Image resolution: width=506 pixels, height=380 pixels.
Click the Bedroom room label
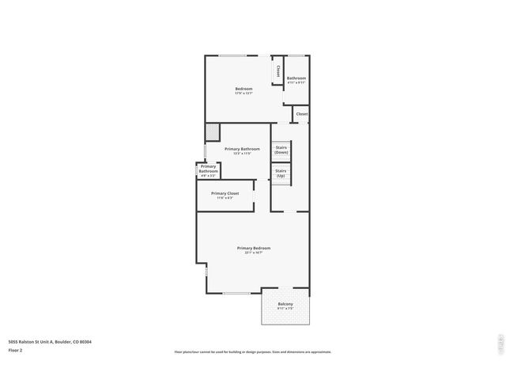(x=244, y=88)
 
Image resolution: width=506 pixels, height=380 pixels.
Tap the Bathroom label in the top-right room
(x=296, y=78)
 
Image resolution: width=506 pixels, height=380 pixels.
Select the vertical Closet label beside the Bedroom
(x=278, y=71)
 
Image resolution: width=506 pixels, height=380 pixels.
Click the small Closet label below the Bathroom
(x=302, y=114)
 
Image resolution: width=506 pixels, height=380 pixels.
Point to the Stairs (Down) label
(x=281, y=150)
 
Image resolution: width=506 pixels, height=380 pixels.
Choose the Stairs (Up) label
(x=281, y=173)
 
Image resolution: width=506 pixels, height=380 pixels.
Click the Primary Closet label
(x=225, y=193)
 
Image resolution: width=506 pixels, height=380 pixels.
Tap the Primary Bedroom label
(x=253, y=248)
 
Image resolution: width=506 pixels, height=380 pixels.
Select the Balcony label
(x=285, y=304)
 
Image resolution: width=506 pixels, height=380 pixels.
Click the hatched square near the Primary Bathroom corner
(x=212, y=131)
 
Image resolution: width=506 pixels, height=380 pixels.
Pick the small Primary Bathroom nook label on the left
(x=208, y=169)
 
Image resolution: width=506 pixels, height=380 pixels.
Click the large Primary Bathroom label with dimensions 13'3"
(x=242, y=149)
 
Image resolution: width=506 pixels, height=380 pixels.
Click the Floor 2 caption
(x=15, y=349)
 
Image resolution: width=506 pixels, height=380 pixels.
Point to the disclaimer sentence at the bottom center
(x=253, y=351)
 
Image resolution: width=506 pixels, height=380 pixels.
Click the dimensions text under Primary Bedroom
(x=253, y=253)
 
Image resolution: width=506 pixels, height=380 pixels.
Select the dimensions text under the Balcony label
(x=285, y=309)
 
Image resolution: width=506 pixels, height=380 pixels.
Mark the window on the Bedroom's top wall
(x=237, y=55)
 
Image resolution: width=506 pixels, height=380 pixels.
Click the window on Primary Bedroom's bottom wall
(x=235, y=293)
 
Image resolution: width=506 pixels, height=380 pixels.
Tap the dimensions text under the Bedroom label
(x=244, y=93)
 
